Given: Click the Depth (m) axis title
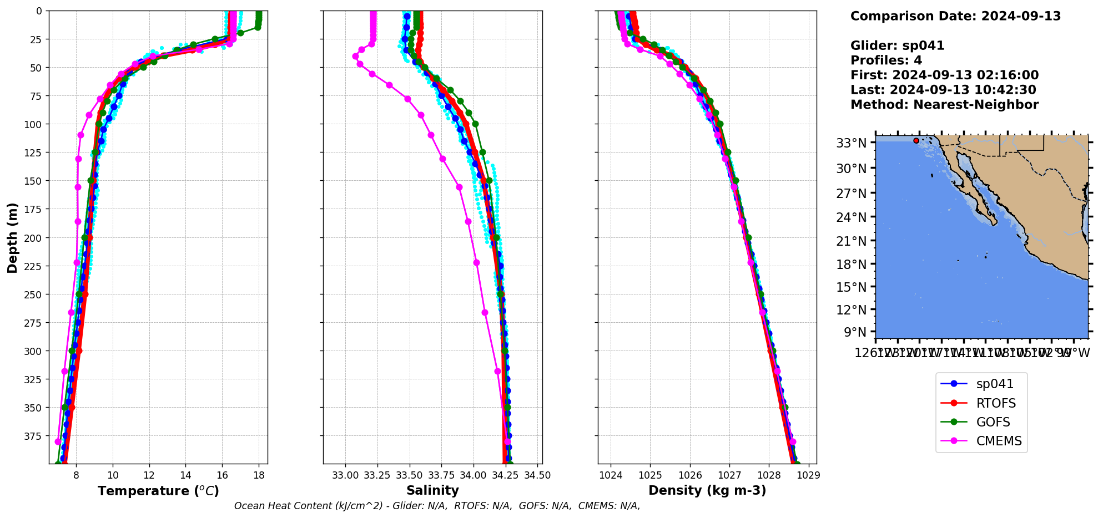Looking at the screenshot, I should point(12,237).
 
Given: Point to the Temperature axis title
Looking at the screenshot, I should point(158,491).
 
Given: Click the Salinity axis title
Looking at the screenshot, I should point(432,490).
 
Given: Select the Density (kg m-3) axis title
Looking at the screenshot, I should point(707,490).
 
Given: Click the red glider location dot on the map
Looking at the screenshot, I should point(916,141).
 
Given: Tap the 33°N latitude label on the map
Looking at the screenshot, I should point(851,144).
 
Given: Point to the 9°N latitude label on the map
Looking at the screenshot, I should point(855,332).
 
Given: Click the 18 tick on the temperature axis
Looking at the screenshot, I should point(259,475).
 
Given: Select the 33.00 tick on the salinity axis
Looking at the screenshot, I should point(346,475).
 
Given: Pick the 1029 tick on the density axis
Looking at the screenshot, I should point(809,475).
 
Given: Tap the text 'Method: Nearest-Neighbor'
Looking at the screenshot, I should point(944,105).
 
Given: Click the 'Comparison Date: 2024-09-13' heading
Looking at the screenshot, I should point(955,16).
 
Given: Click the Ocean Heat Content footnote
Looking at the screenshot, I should point(437,506).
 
